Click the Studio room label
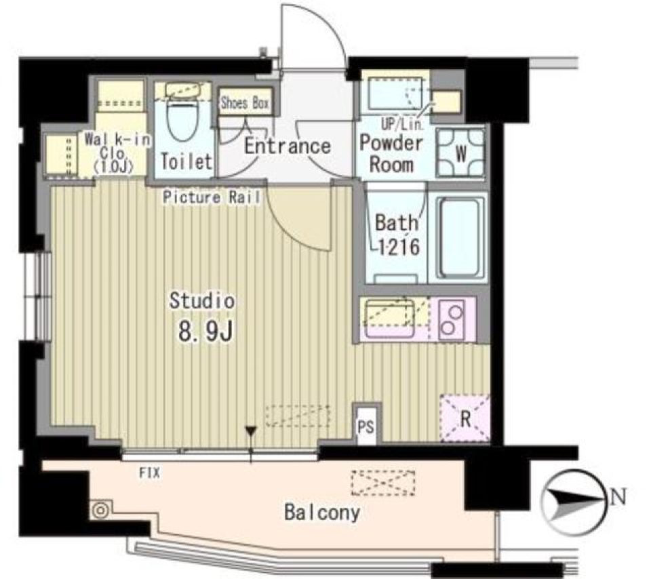202,300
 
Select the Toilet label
186,163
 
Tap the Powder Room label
391,153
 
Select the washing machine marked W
460,153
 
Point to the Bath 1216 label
397,234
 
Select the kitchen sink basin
391,316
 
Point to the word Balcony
321,513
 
